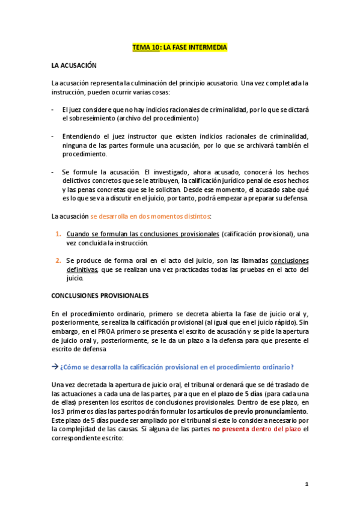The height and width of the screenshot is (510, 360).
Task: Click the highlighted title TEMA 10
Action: click(x=180, y=47)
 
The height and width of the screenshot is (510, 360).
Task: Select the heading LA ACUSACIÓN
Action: click(x=74, y=64)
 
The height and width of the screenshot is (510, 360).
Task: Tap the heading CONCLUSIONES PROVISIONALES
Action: click(x=100, y=296)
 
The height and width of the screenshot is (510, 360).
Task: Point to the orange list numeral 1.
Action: click(x=58, y=233)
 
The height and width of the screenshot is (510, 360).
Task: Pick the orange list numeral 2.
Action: click(x=58, y=260)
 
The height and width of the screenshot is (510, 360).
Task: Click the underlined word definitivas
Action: click(x=82, y=269)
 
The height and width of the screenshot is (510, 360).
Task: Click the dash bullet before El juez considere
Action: click(x=53, y=110)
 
